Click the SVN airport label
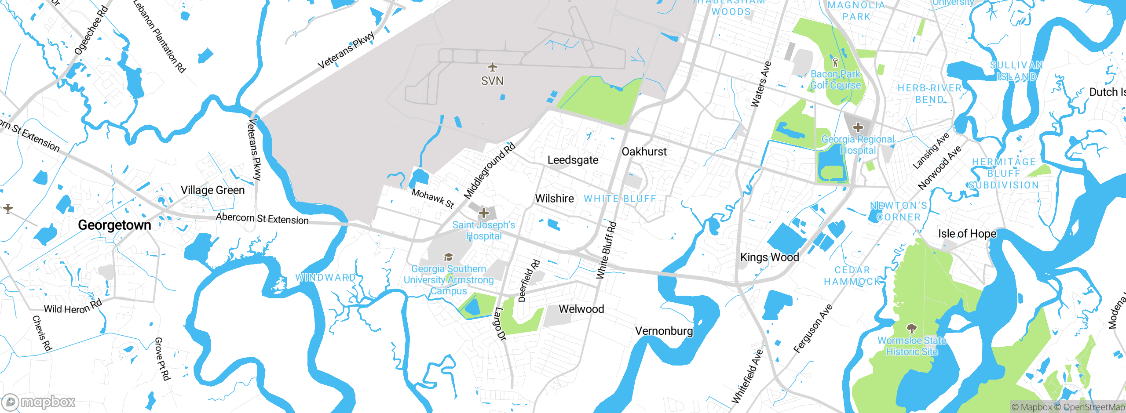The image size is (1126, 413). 492,81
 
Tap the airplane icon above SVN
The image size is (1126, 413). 493,67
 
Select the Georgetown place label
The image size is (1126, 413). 114,225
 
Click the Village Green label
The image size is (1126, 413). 212,190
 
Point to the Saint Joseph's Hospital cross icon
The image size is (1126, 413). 484,213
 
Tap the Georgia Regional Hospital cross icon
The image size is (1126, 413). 858,128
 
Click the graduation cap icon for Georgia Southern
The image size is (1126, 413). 448,257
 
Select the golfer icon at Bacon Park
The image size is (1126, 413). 835,62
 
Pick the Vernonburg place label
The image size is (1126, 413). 664,331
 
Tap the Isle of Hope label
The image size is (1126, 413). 967,234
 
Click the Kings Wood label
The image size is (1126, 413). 769,257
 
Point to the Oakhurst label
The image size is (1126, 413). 644,152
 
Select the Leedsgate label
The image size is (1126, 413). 573,160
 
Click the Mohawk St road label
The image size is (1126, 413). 432,198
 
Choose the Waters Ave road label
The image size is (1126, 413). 760,85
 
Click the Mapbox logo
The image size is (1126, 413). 39,402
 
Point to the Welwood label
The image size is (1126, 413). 581,309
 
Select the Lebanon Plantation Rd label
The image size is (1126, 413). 159,36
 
